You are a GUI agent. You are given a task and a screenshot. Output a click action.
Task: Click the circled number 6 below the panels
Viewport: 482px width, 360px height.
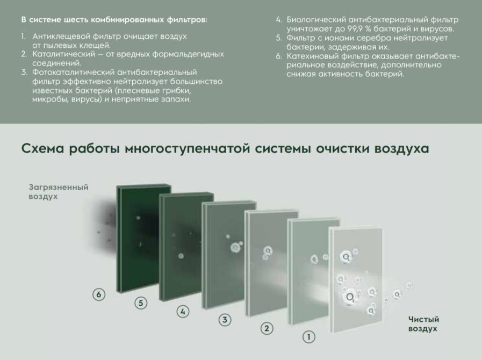(98, 294)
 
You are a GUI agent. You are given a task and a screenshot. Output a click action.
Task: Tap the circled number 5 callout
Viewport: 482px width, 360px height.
(141, 303)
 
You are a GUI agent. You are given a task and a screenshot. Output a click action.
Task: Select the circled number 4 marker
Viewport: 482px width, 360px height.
(183, 312)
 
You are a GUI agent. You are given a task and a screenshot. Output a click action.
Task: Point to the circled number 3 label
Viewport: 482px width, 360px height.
(225, 320)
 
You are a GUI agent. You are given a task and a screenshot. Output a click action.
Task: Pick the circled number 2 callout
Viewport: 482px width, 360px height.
(267, 328)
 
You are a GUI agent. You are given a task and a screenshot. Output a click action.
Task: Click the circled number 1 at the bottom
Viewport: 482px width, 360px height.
(308, 337)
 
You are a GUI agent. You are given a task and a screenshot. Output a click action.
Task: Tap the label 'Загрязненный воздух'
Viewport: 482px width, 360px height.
(58, 192)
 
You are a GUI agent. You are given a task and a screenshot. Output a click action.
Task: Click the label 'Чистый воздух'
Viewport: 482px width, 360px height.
(423, 324)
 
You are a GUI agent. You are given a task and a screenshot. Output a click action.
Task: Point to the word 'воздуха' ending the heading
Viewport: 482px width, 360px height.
(402, 148)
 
